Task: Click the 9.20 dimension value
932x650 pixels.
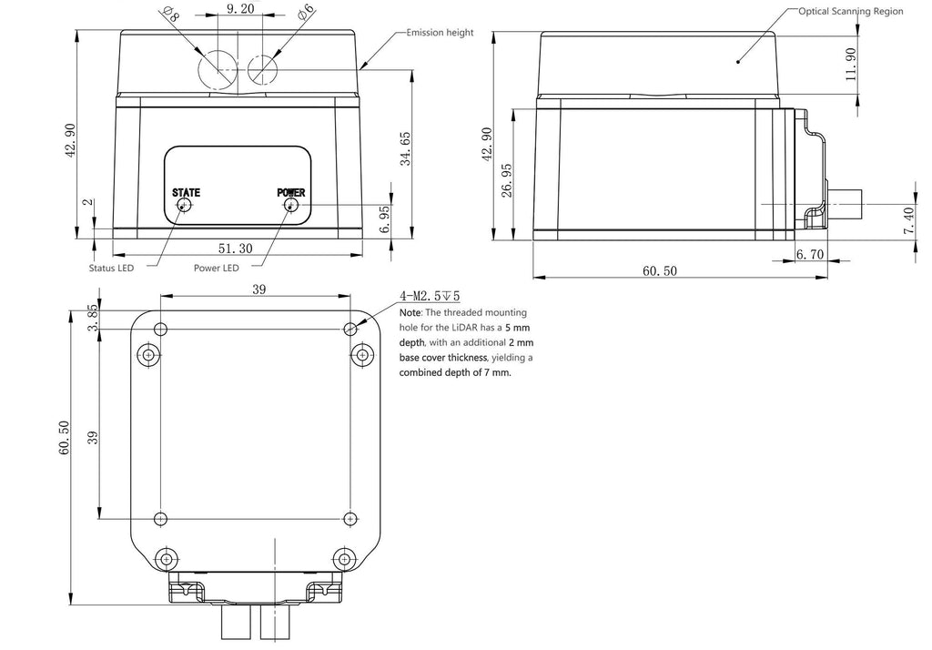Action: click(x=240, y=8)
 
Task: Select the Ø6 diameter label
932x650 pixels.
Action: click(x=306, y=12)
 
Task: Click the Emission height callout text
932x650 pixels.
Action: click(x=440, y=32)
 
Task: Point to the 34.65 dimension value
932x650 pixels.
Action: click(x=405, y=148)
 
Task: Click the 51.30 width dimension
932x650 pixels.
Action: click(x=236, y=249)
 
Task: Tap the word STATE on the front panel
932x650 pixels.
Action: click(x=186, y=193)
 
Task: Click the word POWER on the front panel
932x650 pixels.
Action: click(x=291, y=193)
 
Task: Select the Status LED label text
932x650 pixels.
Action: click(x=111, y=269)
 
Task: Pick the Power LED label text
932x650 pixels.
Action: click(x=217, y=269)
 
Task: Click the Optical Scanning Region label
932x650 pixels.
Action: click(x=851, y=11)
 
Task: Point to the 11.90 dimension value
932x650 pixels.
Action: click(x=851, y=65)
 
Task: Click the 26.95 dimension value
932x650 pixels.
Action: click(x=506, y=181)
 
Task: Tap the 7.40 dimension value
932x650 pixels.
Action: click(x=909, y=220)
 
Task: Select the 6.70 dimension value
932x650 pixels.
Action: click(x=809, y=255)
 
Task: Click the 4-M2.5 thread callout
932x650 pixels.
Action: click(x=430, y=296)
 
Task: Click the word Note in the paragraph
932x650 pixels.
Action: click(x=410, y=313)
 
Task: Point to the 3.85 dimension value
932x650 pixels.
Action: click(x=92, y=319)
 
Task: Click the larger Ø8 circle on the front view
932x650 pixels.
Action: click(x=218, y=69)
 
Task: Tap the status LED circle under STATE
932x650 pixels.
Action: click(x=185, y=205)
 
